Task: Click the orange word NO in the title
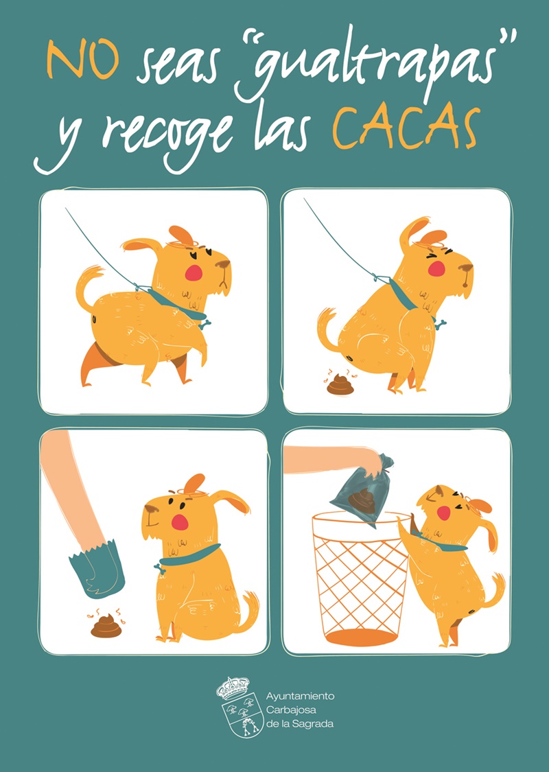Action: click(82, 60)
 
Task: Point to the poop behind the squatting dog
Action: click(340, 384)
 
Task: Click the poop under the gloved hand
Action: click(106, 626)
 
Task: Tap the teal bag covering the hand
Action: click(96, 569)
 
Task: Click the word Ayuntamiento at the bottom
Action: click(300, 697)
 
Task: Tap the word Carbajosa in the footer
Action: click(291, 710)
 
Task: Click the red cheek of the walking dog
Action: click(194, 272)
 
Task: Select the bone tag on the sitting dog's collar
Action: click(159, 568)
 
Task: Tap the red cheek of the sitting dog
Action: click(180, 522)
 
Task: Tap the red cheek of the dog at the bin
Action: click(443, 513)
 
